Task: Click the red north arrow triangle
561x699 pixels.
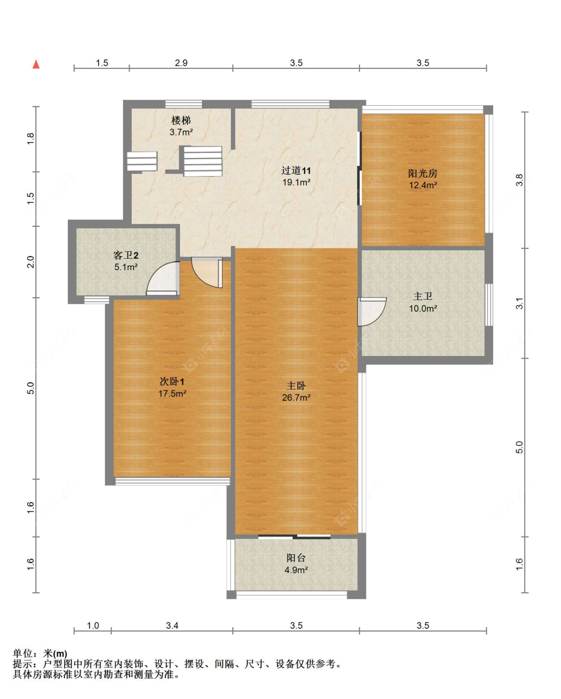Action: (x=36, y=64)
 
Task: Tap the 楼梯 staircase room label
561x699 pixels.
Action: (x=181, y=121)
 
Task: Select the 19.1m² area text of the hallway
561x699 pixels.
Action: (x=296, y=182)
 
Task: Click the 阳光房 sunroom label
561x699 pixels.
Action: (x=422, y=174)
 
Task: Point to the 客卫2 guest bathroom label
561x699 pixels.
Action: (x=126, y=255)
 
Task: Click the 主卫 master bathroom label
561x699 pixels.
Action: (x=422, y=296)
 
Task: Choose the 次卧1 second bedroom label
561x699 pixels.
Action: (x=172, y=381)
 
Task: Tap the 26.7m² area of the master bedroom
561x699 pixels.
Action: (x=296, y=397)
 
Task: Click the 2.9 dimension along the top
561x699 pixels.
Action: (x=181, y=63)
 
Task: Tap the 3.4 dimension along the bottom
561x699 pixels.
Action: (x=172, y=625)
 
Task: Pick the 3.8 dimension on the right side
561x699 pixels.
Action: (x=520, y=180)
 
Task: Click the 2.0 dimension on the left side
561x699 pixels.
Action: (x=30, y=262)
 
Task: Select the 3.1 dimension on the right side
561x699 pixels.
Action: (x=520, y=303)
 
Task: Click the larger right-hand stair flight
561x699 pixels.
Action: (x=203, y=161)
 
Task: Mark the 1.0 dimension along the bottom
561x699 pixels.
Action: (x=93, y=625)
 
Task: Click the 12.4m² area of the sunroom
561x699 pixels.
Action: (x=422, y=185)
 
